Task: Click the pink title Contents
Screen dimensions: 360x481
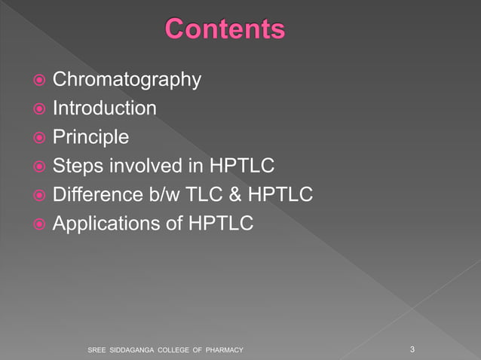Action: (225, 29)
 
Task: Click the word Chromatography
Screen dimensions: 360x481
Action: (127, 79)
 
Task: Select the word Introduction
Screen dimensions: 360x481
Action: (105, 108)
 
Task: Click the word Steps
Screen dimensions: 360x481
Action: (76, 166)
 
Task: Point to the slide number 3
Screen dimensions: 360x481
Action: (412, 349)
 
